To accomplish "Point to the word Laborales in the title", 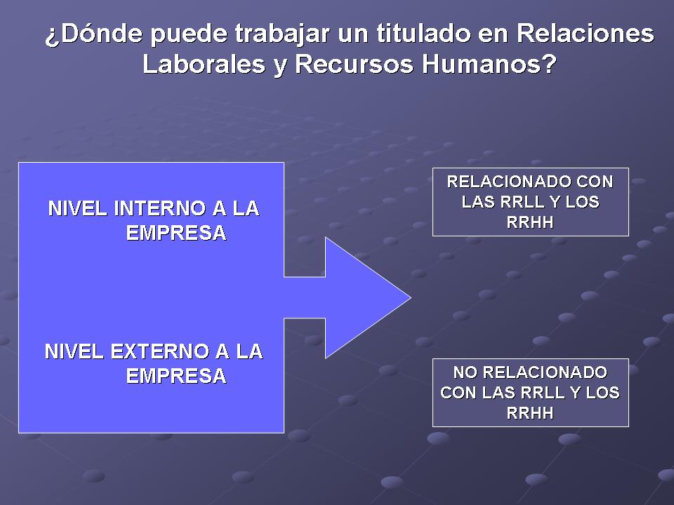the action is tap(204, 64).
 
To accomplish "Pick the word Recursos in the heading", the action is tap(354, 64).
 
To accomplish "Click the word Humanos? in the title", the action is tap(489, 64).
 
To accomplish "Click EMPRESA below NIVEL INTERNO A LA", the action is tap(176, 233).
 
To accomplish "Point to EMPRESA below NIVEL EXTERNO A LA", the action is tap(176, 376).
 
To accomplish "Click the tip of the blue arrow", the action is tap(411, 297).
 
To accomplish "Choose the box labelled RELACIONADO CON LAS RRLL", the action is tap(531, 202).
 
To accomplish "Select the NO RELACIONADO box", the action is tap(531, 393).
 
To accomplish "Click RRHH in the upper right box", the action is tap(530, 222).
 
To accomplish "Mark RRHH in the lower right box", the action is tap(530, 413).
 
